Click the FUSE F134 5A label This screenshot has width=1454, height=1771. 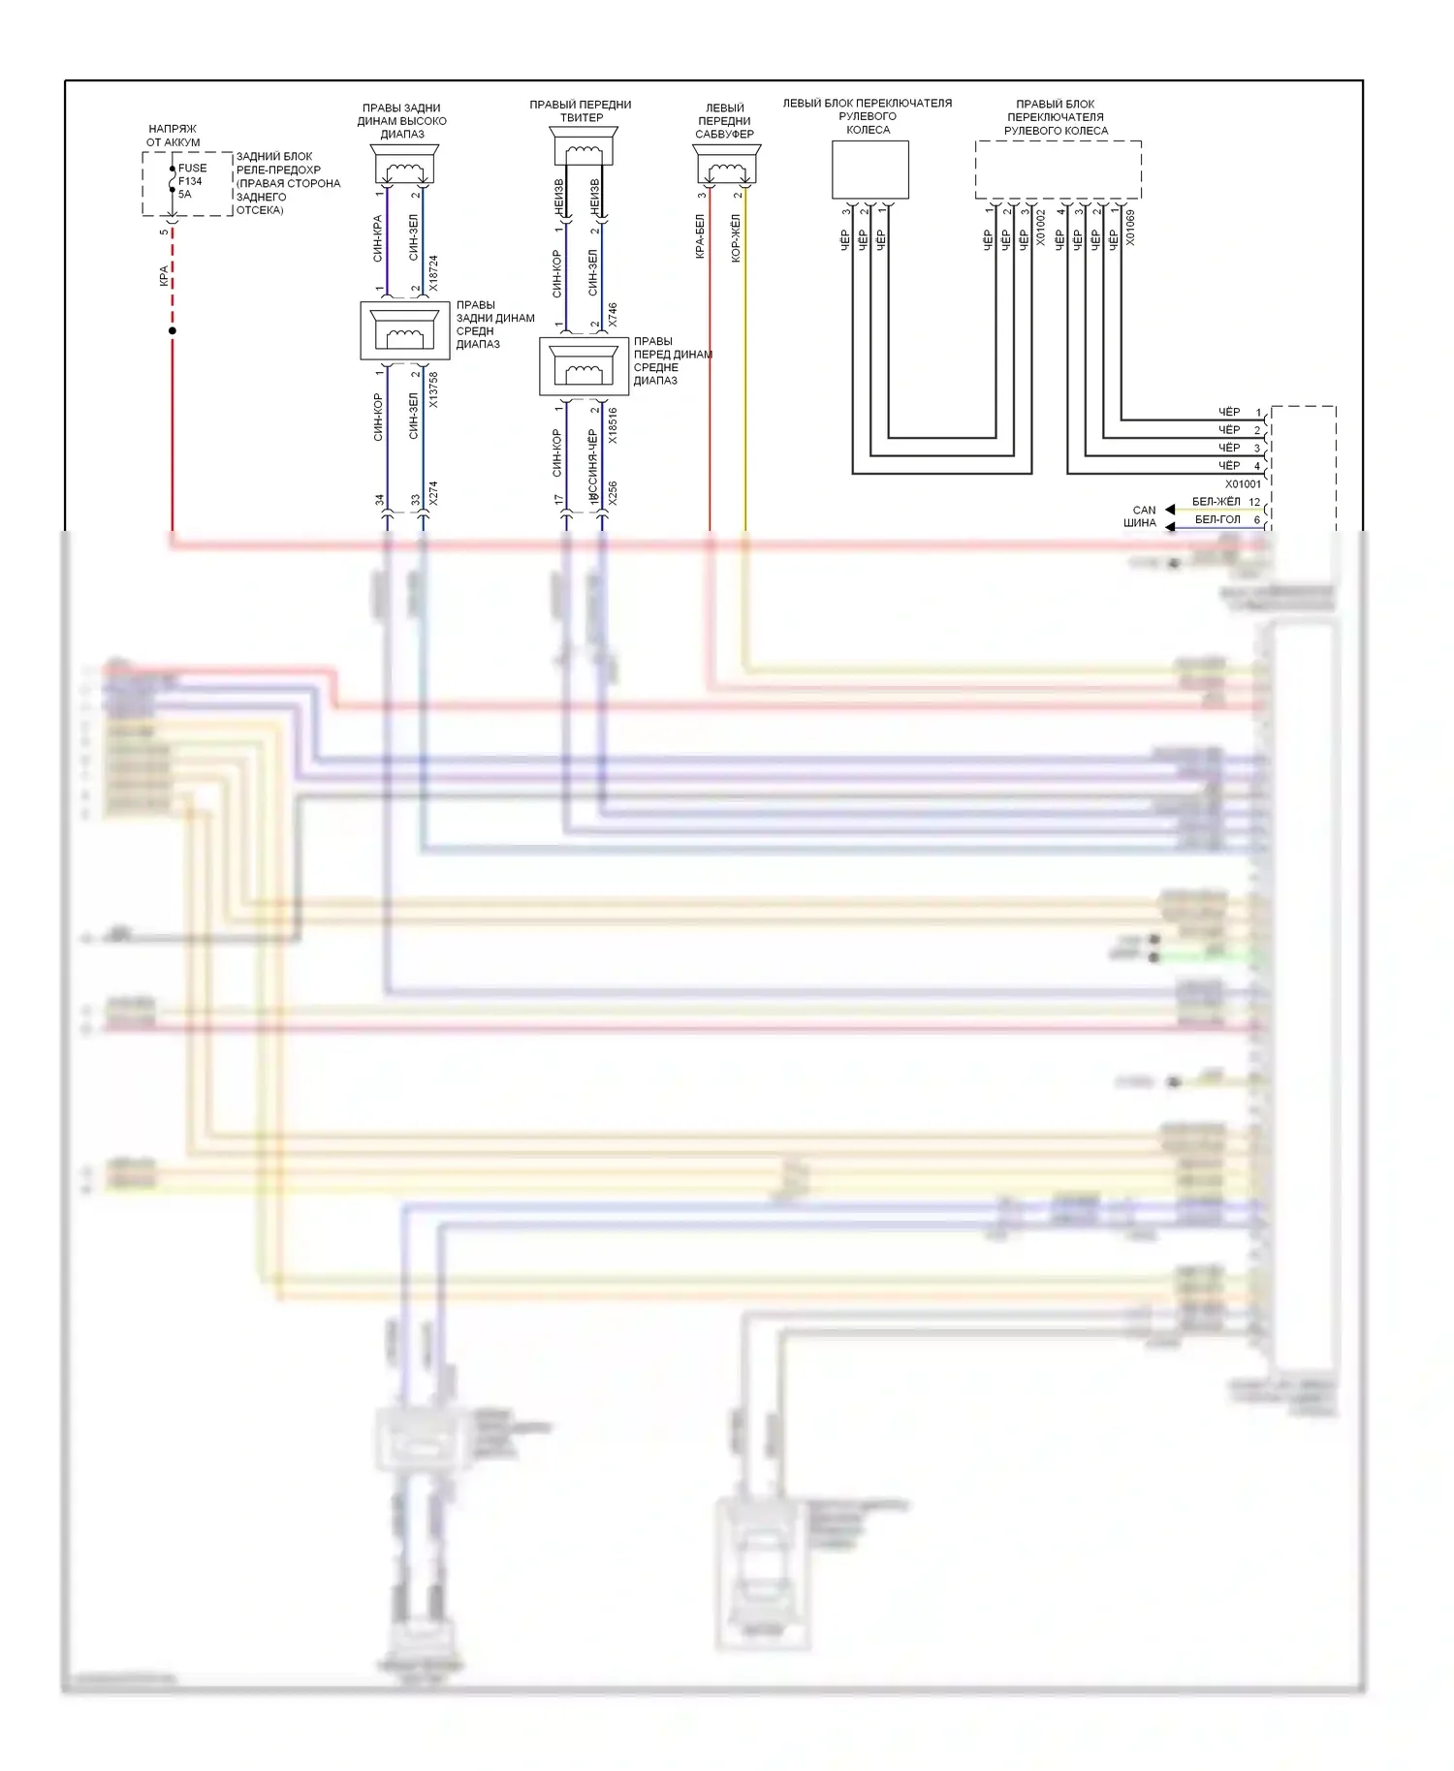click(191, 181)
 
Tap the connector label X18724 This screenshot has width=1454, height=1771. click(433, 272)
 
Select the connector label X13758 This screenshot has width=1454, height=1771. click(433, 388)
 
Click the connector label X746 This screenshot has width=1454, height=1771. click(613, 314)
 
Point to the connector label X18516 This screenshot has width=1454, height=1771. click(613, 425)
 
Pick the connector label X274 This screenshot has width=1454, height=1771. click(433, 493)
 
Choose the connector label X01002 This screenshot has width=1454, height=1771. click(1041, 227)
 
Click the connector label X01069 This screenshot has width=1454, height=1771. click(1130, 227)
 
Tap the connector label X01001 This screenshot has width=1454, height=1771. click(1243, 483)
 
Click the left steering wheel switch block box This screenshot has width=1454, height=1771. click(869, 170)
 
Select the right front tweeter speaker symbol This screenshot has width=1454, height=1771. click(583, 149)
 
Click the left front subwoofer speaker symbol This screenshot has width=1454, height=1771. click(726, 166)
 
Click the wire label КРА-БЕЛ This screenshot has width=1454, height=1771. click(700, 237)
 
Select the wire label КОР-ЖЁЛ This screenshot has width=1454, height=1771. click(736, 238)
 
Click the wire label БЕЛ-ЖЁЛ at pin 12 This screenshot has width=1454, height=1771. click(1216, 502)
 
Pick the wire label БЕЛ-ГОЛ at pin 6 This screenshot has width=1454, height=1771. click(1217, 520)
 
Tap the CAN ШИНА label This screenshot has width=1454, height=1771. click(1142, 516)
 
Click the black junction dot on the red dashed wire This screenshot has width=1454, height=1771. click(173, 331)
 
